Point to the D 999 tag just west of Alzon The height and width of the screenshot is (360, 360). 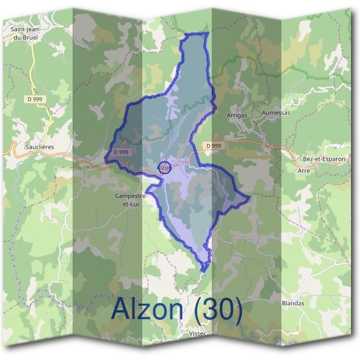121,153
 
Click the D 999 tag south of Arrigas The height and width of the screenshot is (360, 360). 213,146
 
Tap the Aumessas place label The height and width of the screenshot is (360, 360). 276,113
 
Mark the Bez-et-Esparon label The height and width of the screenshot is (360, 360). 325,158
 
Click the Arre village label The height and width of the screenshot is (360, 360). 304,170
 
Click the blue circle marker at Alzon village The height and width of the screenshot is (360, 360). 165,167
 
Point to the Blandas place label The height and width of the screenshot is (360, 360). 293,303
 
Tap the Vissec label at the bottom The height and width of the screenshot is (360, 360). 197,332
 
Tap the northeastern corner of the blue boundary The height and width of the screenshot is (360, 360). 206,34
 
